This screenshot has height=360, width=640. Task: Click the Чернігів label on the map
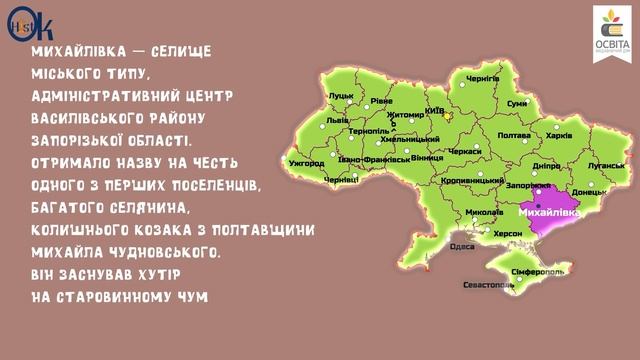click(x=482, y=78)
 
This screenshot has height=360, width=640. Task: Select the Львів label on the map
click(x=338, y=119)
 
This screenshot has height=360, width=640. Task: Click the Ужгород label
click(x=306, y=162)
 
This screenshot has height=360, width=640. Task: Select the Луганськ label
click(x=606, y=163)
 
